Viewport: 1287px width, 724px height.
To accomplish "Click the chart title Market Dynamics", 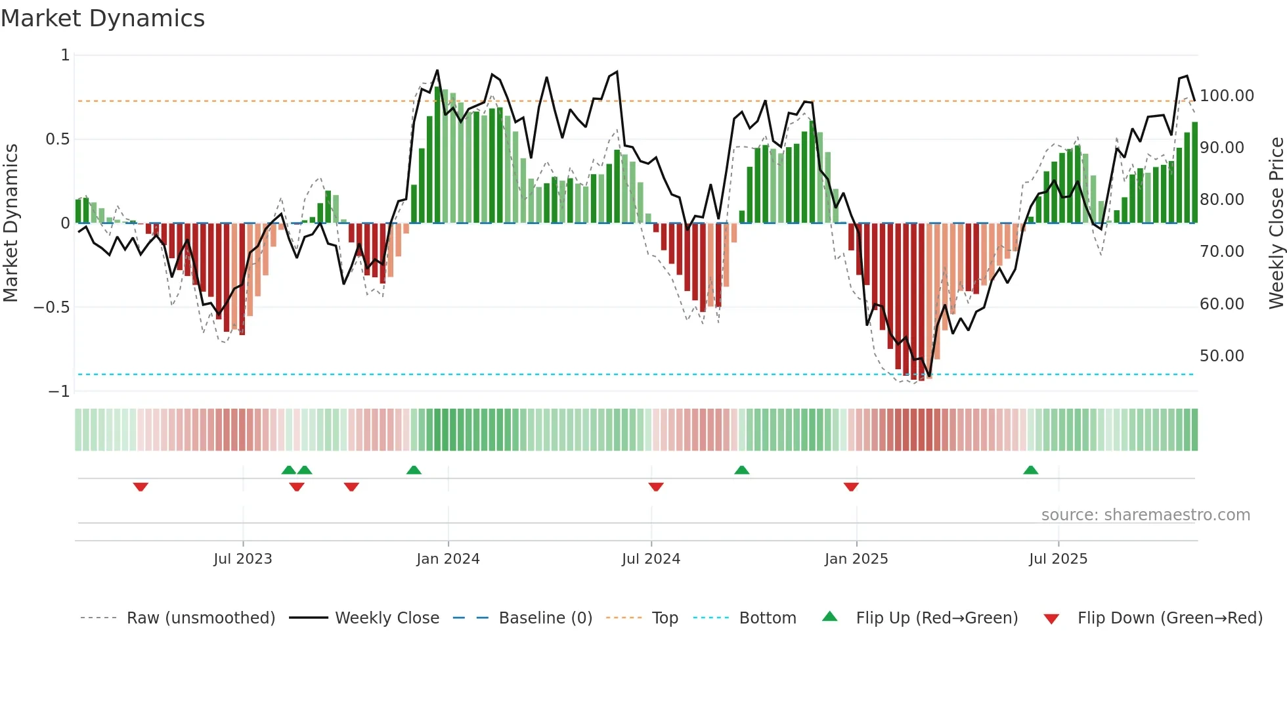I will tap(102, 18).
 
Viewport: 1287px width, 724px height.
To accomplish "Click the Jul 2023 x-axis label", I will tap(242, 559).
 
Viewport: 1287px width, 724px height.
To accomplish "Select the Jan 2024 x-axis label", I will tap(448, 559).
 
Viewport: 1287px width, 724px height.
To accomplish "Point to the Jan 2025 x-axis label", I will tap(856, 559).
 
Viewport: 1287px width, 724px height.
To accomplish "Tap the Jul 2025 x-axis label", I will tap(1058, 559).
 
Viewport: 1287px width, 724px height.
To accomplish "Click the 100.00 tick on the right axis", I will tap(1226, 96).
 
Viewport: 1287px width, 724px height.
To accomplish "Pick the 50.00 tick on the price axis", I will tap(1221, 356).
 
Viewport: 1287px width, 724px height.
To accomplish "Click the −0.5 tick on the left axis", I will tap(51, 307).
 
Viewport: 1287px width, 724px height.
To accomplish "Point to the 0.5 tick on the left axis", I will tap(56, 139).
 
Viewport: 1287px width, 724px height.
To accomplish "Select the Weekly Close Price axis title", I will tap(1276, 223).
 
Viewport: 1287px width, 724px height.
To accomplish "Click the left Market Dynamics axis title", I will tap(11, 223).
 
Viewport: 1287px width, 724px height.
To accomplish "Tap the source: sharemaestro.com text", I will tap(1145, 515).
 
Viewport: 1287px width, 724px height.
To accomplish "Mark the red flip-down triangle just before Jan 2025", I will tap(851, 487).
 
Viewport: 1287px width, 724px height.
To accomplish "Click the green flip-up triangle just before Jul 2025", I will tap(1030, 470).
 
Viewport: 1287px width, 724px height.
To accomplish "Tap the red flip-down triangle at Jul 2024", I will tap(655, 487).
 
